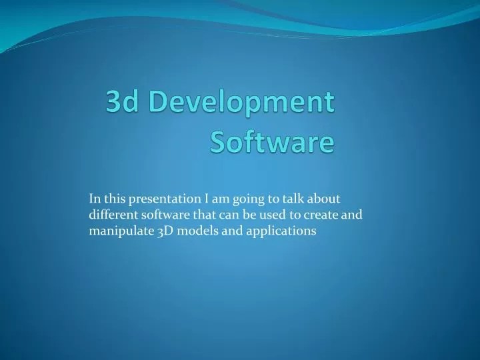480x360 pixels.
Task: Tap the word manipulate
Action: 117,231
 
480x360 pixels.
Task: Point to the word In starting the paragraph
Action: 95,199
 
